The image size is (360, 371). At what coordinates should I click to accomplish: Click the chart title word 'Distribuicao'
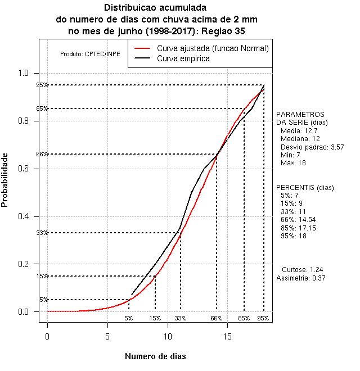click(x=130, y=8)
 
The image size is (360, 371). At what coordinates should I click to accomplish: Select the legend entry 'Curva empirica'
click(x=183, y=58)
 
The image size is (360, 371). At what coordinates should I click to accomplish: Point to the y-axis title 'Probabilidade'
click(x=5, y=180)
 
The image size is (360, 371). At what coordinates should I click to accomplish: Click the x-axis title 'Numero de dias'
click(x=155, y=356)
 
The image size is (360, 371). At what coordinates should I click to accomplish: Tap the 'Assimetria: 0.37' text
click(x=301, y=278)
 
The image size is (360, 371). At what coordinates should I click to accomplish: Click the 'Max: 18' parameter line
click(x=294, y=163)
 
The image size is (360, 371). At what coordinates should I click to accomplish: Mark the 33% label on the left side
click(x=42, y=233)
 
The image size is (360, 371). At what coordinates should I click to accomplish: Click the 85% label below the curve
click(x=244, y=319)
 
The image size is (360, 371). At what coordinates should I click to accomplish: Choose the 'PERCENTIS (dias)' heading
click(x=304, y=187)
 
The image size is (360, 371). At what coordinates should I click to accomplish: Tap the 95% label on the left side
click(x=42, y=85)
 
